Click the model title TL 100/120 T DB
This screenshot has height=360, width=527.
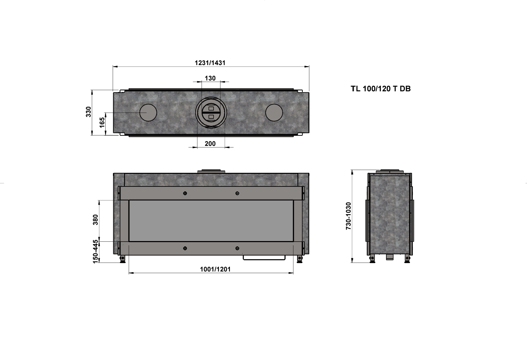pos(380,89)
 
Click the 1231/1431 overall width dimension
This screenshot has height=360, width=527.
pos(210,63)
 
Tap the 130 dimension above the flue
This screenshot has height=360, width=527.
pos(210,78)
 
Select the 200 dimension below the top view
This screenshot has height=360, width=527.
pos(210,143)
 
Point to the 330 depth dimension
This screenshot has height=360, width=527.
pos(88,112)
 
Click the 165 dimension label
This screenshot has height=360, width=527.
pos(102,122)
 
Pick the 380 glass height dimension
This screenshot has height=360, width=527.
pos(95,220)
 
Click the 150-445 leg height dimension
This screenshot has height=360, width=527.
pos(95,251)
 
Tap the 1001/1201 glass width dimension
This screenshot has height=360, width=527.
pos(215,269)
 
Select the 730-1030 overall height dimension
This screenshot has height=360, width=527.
pos(349,216)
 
